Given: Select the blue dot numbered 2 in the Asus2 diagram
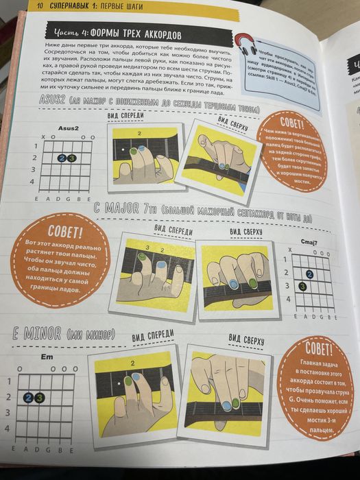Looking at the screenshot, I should (62, 158).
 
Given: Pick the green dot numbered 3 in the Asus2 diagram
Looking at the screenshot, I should (71, 158).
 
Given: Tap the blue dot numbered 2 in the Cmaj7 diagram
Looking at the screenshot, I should (310, 274).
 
